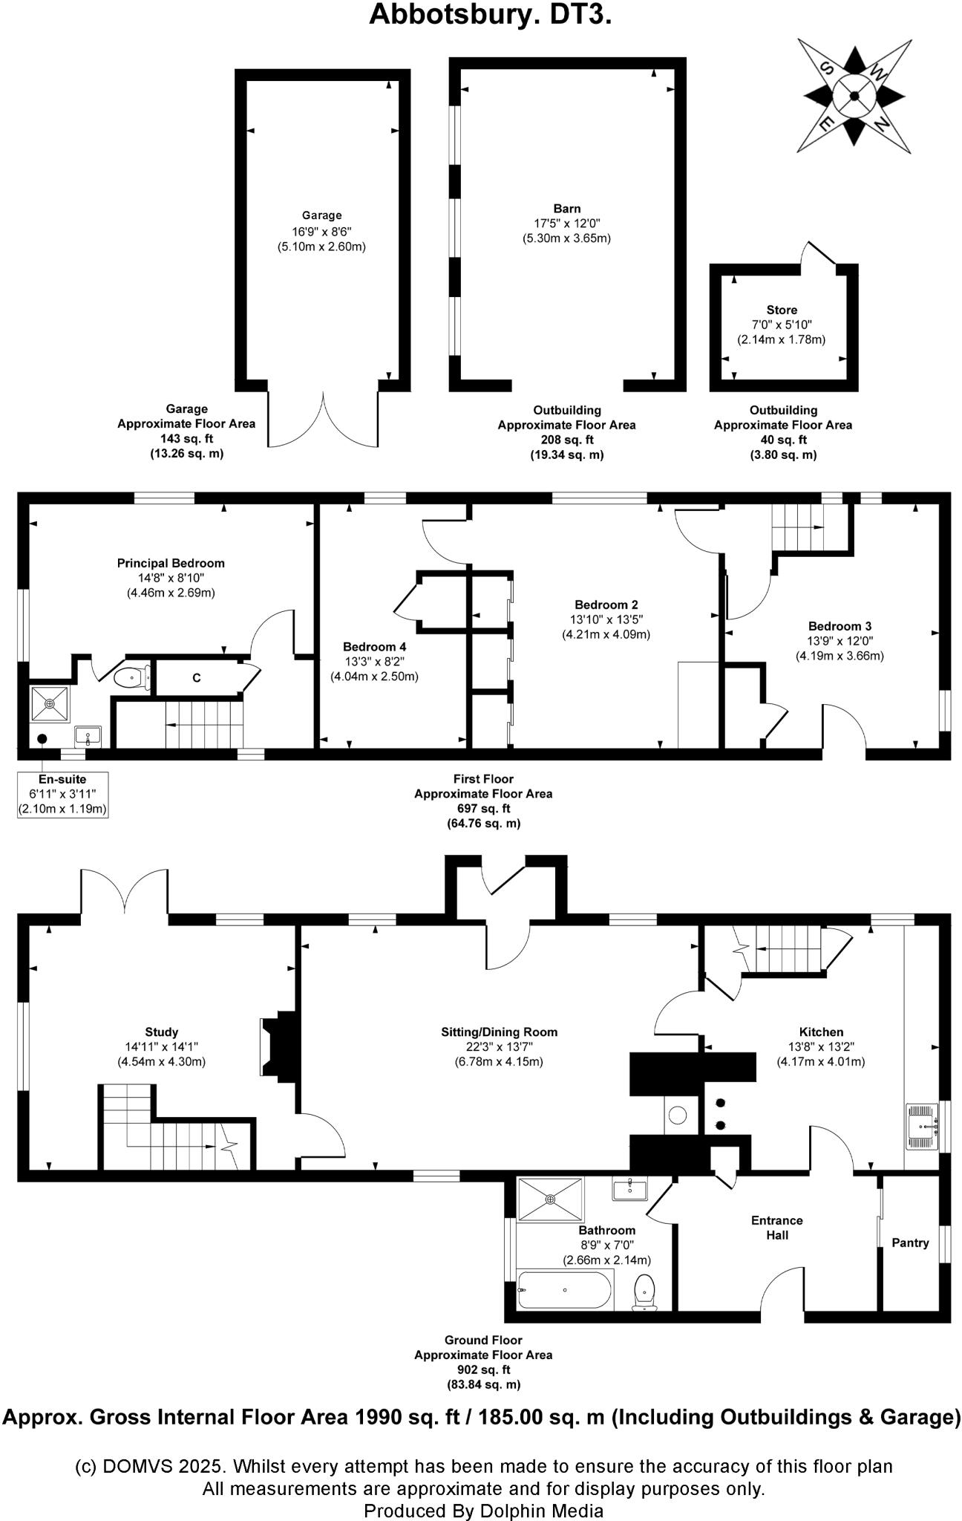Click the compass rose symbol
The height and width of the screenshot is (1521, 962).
[x=854, y=95]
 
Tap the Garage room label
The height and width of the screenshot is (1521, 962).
[x=321, y=216]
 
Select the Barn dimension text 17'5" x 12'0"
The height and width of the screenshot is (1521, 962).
[x=566, y=224]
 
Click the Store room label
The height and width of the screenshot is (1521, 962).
[x=782, y=310]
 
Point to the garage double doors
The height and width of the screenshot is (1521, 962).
[x=324, y=421]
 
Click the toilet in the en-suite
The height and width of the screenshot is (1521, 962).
[x=131, y=677]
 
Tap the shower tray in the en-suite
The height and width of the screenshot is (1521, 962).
[x=50, y=703]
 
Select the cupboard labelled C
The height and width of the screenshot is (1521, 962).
[x=197, y=678]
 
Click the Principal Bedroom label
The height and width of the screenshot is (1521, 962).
[x=171, y=563]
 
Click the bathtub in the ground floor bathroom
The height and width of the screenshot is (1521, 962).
[x=565, y=1290]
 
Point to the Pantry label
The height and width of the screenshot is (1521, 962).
[x=910, y=1242]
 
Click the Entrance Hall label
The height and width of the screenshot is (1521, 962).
[x=776, y=1227]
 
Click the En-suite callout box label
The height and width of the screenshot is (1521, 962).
[x=62, y=780]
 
